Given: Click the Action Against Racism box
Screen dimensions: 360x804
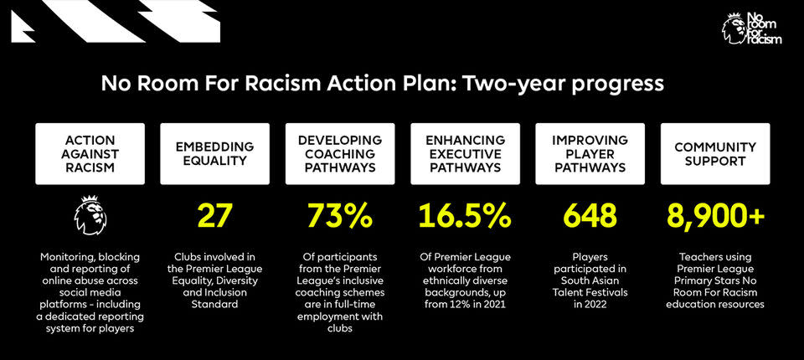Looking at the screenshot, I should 90,154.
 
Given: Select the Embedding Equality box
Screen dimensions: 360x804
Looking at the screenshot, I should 215,154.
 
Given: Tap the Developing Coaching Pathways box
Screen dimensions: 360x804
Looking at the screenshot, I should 340,154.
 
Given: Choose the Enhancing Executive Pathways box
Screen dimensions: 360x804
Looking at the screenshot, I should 465,154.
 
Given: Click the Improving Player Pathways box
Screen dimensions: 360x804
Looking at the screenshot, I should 590,154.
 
